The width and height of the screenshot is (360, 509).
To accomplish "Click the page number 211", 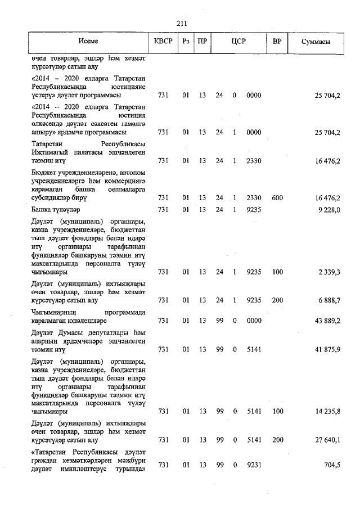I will (x=181, y=23).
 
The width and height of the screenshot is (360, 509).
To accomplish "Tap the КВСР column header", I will (x=163, y=42).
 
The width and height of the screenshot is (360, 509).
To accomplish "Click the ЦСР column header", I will (x=238, y=42).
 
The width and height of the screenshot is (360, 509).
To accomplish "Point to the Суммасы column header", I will (x=316, y=42).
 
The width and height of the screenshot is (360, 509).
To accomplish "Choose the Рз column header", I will (x=186, y=42).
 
